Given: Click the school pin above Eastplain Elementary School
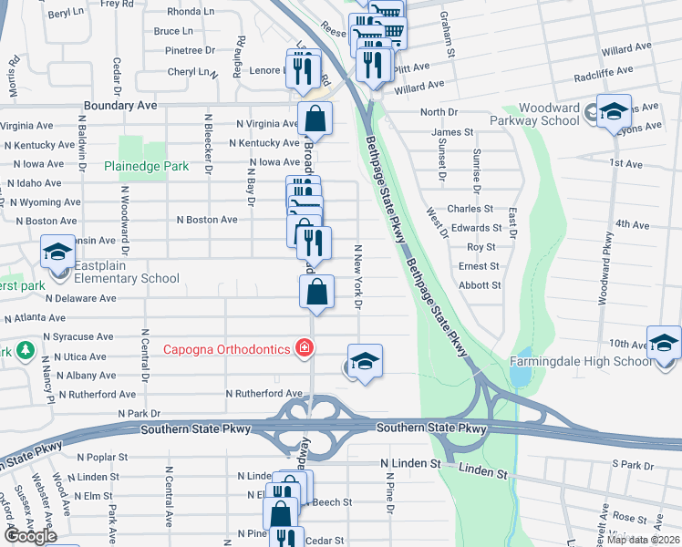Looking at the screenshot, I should tap(57, 252).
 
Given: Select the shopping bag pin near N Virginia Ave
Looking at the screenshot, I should tap(315, 119).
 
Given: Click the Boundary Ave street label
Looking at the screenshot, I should tap(120, 106).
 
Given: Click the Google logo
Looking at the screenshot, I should tap(31, 536).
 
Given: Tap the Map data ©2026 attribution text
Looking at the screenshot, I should tap(643, 540).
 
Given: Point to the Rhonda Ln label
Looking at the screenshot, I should tap(191, 12).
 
